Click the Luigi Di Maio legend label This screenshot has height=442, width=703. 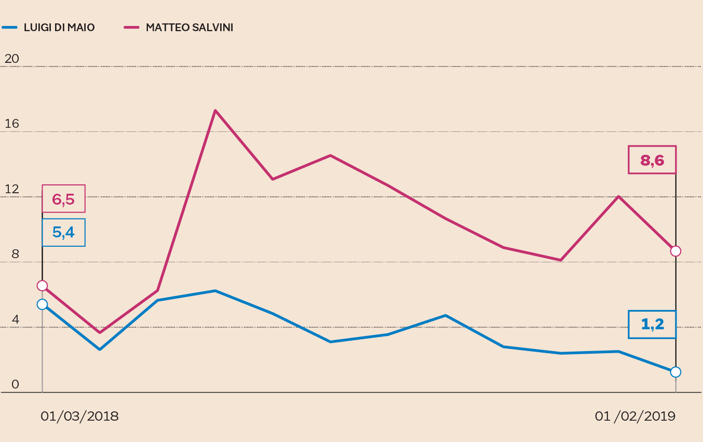pyautogui.click(x=59, y=28)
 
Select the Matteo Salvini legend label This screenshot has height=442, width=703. pyautogui.click(x=189, y=28)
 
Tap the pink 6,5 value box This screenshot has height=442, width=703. pyautogui.click(x=63, y=199)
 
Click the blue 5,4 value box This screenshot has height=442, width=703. pyautogui.click(x=63, y=232)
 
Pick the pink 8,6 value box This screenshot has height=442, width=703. pyautogui.click(x=652, y=159)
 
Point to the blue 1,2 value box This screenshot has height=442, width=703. pyautogui.click(x=652, y=325)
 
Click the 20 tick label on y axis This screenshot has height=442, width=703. pyautogui.click(x=11, y=59)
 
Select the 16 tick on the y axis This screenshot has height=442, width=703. pyautogui.click(x=11, y=124)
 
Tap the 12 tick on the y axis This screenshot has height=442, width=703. pyautogui.click(x=11, y=190)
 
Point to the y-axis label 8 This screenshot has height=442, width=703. pyautogui.click(x=15, y=255)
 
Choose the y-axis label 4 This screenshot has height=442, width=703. pyautogui.click(x=15, y=320)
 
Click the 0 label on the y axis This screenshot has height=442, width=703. pyautogui.click(x=15, y=385)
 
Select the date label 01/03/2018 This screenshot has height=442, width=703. pyautogui.click(x=79, y=417)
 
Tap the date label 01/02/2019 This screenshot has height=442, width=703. pyautogui.click(x=635, y=417)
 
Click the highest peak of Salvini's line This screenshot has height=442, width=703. pyautogui.click(x=215, y=111)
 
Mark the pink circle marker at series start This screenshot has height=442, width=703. pyautogui.click(x=42, y=286)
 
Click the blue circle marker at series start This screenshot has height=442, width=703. pyautogui.click(x=42, y=304)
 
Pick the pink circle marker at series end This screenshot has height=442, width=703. pyautogui.click(x=675, y=251)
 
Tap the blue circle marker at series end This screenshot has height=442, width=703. pyautogui.click(x=675, y=372)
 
